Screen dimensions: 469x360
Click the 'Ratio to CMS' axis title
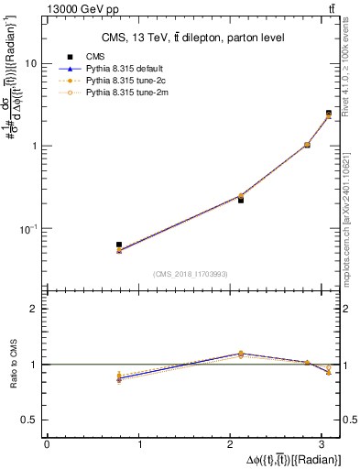pyautogui.click(x=12, y=365)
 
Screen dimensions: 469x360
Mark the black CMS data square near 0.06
pyautogui.click(x=119, y=245)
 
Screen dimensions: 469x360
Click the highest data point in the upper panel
pyautogui.click(x=329, y=114)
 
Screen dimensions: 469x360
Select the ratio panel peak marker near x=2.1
pyautogui.click(x=241, y=353)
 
